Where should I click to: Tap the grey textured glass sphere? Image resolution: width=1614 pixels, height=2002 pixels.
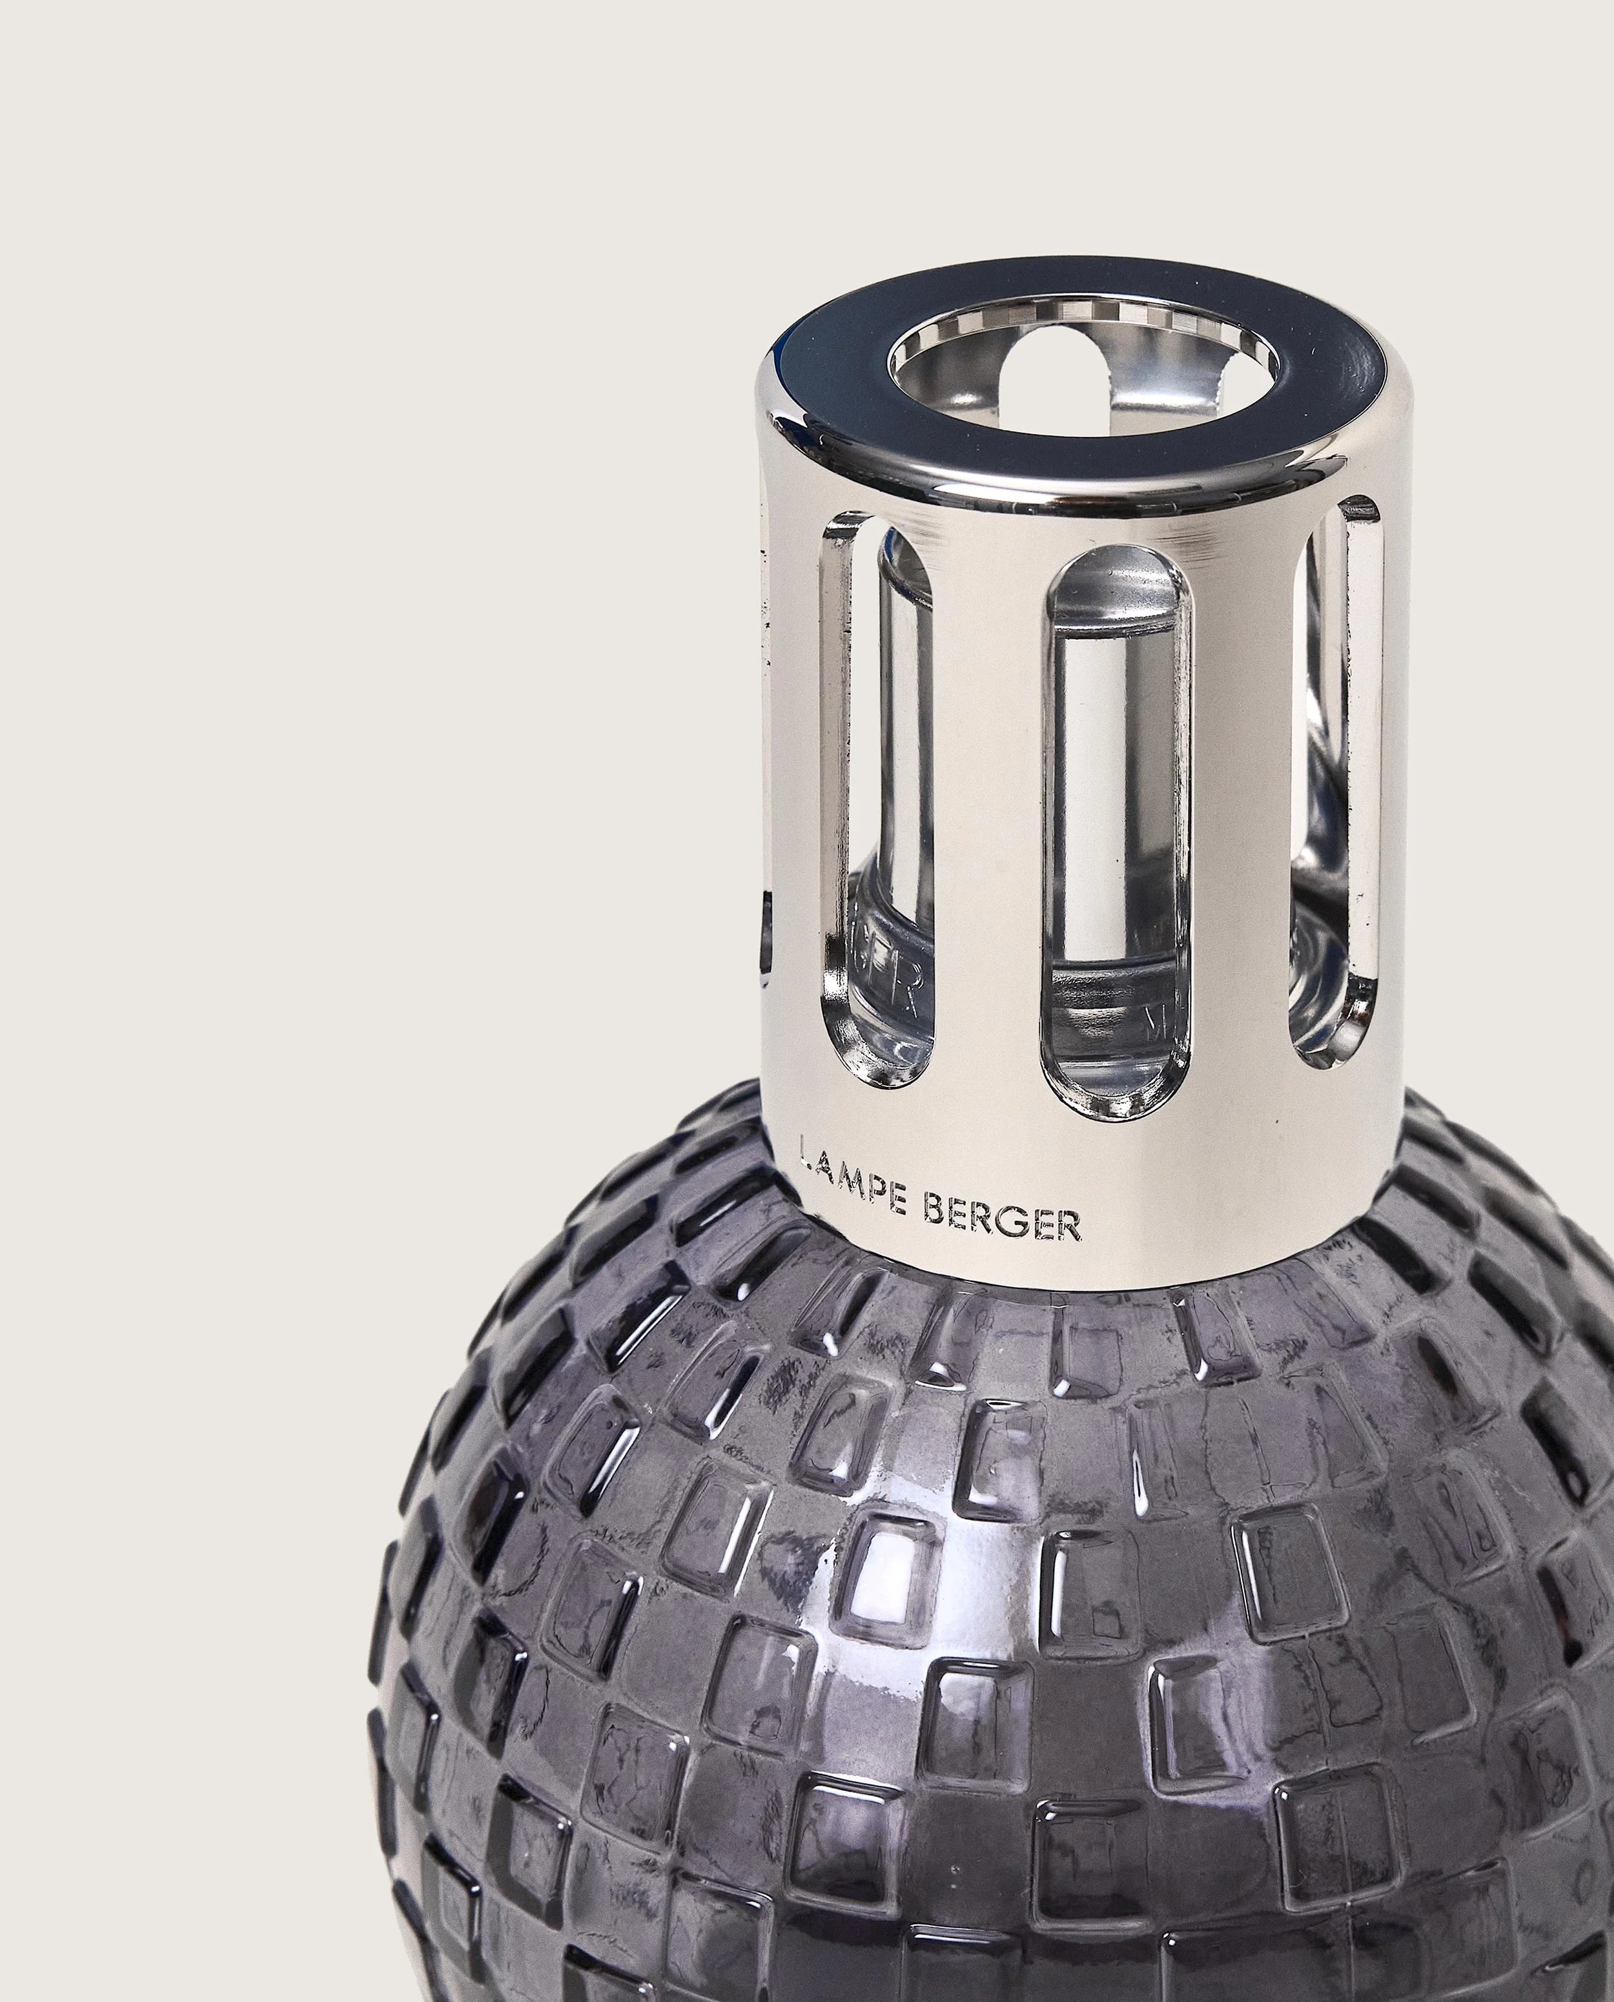pyautogui.click(x=1023, y=1674)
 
